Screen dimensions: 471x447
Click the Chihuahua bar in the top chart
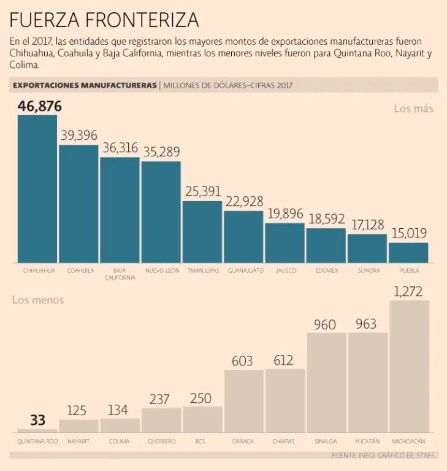click(x=37, y=189)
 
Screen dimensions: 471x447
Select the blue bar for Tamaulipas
click(x=202, y=232)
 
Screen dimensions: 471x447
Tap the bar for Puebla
click(x=408, y=253)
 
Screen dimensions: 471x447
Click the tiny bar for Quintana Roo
click(x=37, y=431)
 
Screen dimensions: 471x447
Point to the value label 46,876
click(x=40, y=106)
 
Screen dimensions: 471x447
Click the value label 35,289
click(x=161, y=152)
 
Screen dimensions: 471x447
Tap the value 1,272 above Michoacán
click(x=409, y=291)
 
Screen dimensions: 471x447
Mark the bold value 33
click(x=38, y=420)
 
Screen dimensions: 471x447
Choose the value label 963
click(x=366, y=324)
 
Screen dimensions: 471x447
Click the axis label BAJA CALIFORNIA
click(x=120, y=274)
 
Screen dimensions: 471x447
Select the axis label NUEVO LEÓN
click(x=161, y=270)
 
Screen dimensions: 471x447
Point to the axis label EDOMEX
click(x=326, y=270)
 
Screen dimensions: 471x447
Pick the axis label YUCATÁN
click(x=367, y=441)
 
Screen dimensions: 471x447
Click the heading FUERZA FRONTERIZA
click(x=104, y=20)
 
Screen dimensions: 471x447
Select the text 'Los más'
click(x=413, y=109)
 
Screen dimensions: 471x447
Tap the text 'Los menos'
click(x=38, y=300)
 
